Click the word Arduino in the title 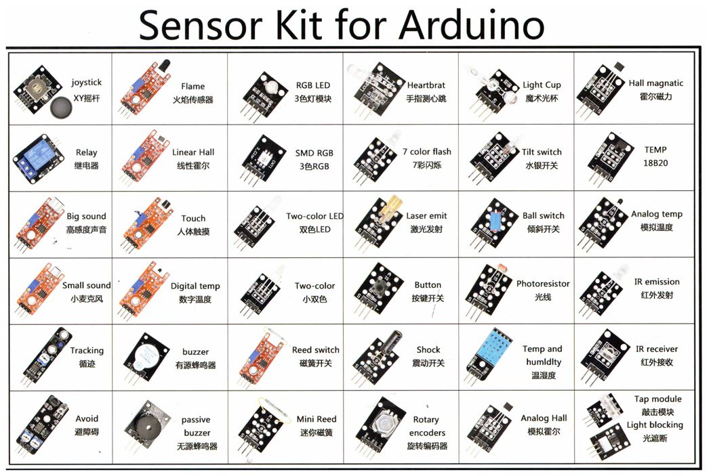pos(471,25)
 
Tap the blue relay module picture pos(37,158)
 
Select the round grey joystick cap pos(61,108)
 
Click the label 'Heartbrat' pos(426,85)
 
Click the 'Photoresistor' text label pos(543,284)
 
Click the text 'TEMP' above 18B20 pos(655,150)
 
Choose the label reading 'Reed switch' pos(316,350)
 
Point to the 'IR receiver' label pos(657,349)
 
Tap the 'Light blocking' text pos(655,425)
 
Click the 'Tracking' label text pos(87,351)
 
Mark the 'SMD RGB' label pos(314,153)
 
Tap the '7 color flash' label pos(427,152)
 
